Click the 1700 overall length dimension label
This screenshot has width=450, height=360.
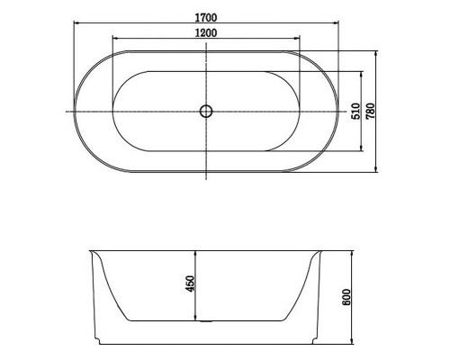(206, 18)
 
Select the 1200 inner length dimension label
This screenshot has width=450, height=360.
(206, 32)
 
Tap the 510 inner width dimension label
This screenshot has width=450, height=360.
(355, 111)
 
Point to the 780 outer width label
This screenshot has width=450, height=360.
(370, 111)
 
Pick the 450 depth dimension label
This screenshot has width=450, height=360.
(190, 283)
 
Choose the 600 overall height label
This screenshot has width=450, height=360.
(346, 297)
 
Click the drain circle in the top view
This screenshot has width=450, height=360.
(206, 112)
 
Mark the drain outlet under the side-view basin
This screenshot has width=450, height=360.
(206, 321)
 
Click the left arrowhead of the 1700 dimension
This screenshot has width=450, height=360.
(76, 22)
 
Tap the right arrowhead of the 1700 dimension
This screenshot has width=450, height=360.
(336, 22)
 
